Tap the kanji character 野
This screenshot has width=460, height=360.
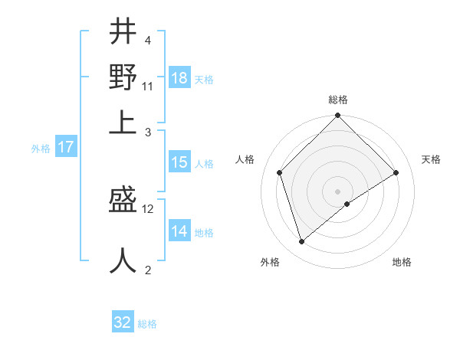123,77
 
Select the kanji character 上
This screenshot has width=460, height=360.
123,122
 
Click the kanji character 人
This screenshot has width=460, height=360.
123,260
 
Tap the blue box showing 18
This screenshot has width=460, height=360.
179,78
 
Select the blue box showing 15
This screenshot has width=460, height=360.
179,162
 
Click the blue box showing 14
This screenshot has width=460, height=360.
179,231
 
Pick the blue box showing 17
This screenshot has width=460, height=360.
65,147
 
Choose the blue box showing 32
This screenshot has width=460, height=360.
123,322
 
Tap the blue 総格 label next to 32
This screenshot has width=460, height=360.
147,324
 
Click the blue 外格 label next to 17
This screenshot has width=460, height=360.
40,149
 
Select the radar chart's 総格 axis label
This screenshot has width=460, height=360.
338,100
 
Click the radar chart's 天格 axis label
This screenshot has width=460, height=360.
431,159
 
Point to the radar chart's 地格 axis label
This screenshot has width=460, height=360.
402,262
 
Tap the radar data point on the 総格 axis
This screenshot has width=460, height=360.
338,116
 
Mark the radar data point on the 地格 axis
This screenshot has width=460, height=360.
347,204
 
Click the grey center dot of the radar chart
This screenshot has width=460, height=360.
338,191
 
